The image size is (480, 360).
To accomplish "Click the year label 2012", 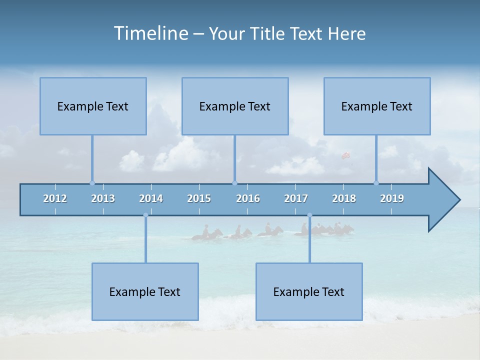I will [55, 198].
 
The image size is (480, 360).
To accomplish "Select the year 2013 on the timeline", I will [103, 198].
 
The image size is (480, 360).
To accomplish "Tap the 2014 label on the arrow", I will [151, 198].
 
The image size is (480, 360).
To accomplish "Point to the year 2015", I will [199, 198].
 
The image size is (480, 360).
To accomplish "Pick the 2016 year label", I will [248, 198].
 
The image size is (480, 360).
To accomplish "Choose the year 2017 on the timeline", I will [296, 198].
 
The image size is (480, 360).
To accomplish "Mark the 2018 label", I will [344, 198].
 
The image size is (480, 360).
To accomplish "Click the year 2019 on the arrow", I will [392, 198].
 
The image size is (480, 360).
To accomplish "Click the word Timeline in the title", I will [150, 33].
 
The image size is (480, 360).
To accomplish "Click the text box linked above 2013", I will [93, 106].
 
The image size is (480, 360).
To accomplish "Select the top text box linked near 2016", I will [235, 106].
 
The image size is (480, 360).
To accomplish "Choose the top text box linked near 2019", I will [377, 106].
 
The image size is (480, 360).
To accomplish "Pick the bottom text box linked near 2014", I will [145, 291].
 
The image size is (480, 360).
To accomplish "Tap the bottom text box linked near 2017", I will [309, 291].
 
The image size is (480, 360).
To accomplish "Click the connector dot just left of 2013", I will [92, 183].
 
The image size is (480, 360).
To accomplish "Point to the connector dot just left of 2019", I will [376, 183].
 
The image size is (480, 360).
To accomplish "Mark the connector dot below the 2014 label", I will [145, 215].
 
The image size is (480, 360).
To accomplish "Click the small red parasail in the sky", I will [344, 155].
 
